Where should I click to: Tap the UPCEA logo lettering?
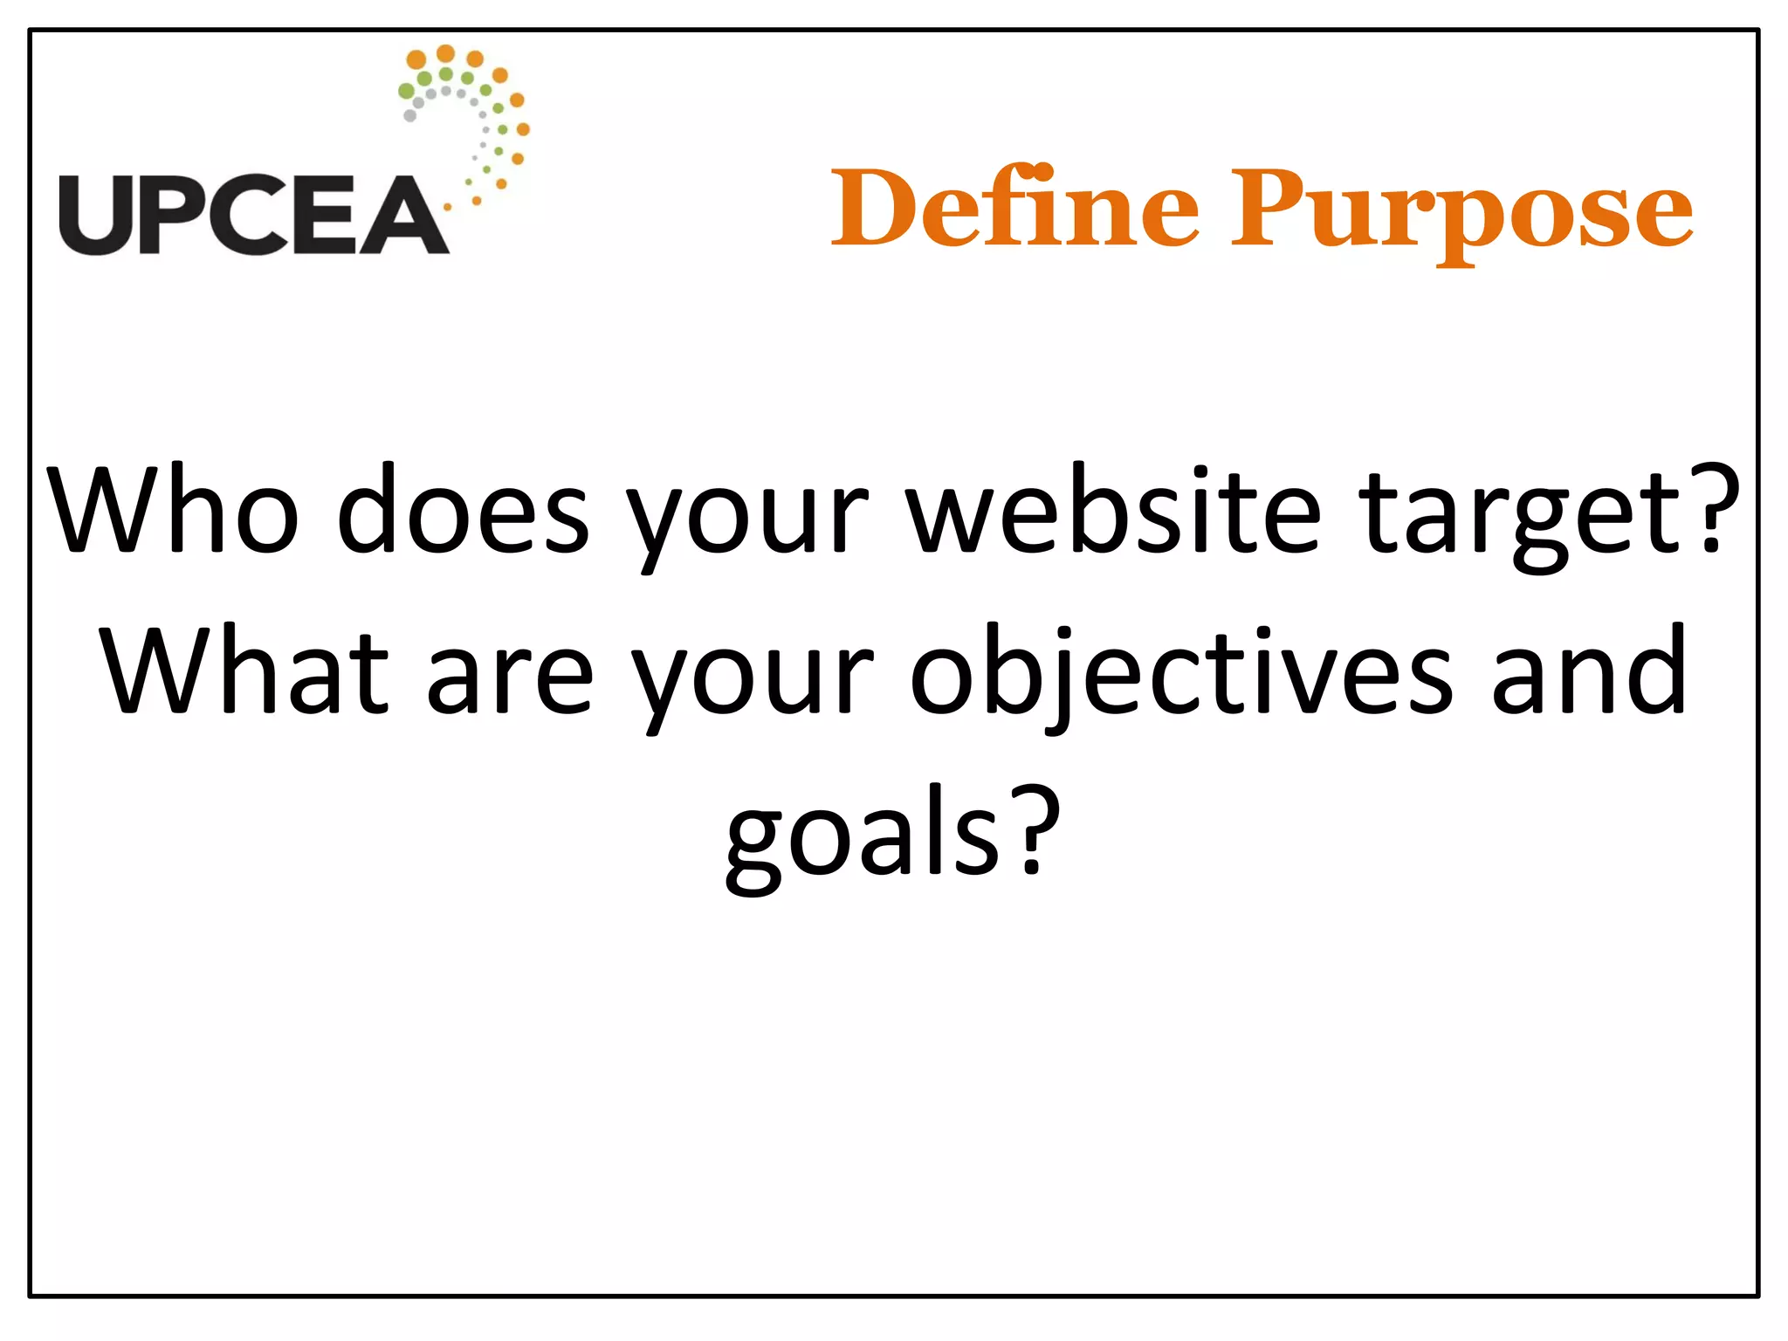[x=253, y=215]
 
